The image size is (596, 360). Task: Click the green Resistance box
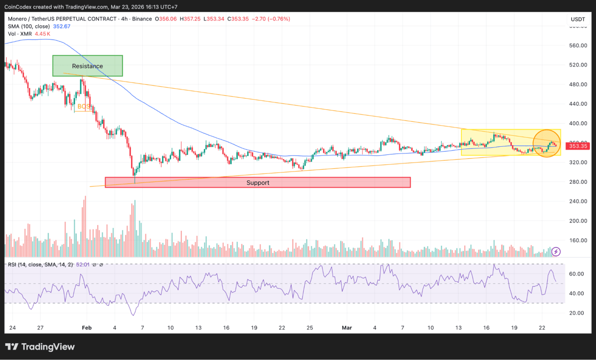[x=88, y=66]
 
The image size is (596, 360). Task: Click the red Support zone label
[x=258, y=183]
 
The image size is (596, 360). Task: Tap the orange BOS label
[x=83, y=106]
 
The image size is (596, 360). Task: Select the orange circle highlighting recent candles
[x=547, y=143]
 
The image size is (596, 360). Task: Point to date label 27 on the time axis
[x=41, y=327]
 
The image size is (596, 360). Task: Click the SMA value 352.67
[x=61, y=26]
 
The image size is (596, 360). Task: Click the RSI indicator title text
[x=40, y=265]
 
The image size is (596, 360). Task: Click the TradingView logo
[x=40, y=347]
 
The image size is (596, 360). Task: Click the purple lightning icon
[x=556, y=252]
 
